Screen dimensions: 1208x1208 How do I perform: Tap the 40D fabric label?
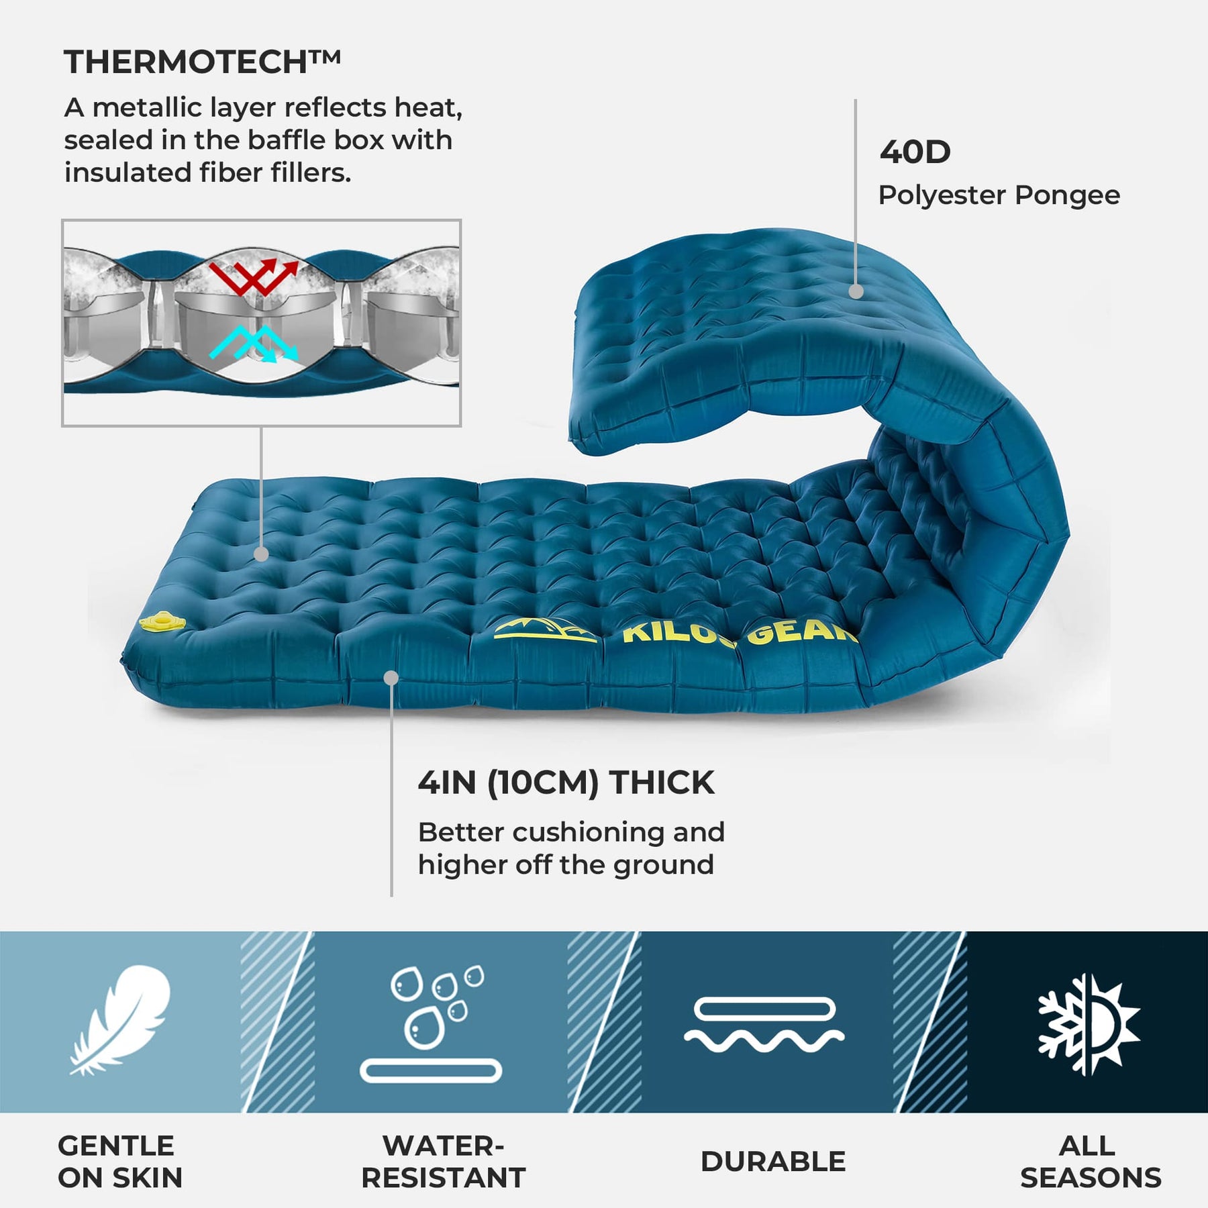(915, 152)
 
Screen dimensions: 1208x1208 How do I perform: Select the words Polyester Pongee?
(999, 195)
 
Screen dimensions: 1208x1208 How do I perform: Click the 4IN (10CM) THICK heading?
(566, 783)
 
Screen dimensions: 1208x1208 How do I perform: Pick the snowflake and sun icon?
(1089, 1024)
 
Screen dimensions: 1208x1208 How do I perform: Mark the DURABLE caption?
(773, 1162)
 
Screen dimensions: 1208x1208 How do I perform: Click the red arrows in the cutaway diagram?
(254, 278)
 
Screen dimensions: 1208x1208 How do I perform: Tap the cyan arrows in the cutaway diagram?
(254, 344)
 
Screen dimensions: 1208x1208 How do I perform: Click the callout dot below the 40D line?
(856, 291)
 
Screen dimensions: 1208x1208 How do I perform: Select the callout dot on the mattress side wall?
(391, 678)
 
